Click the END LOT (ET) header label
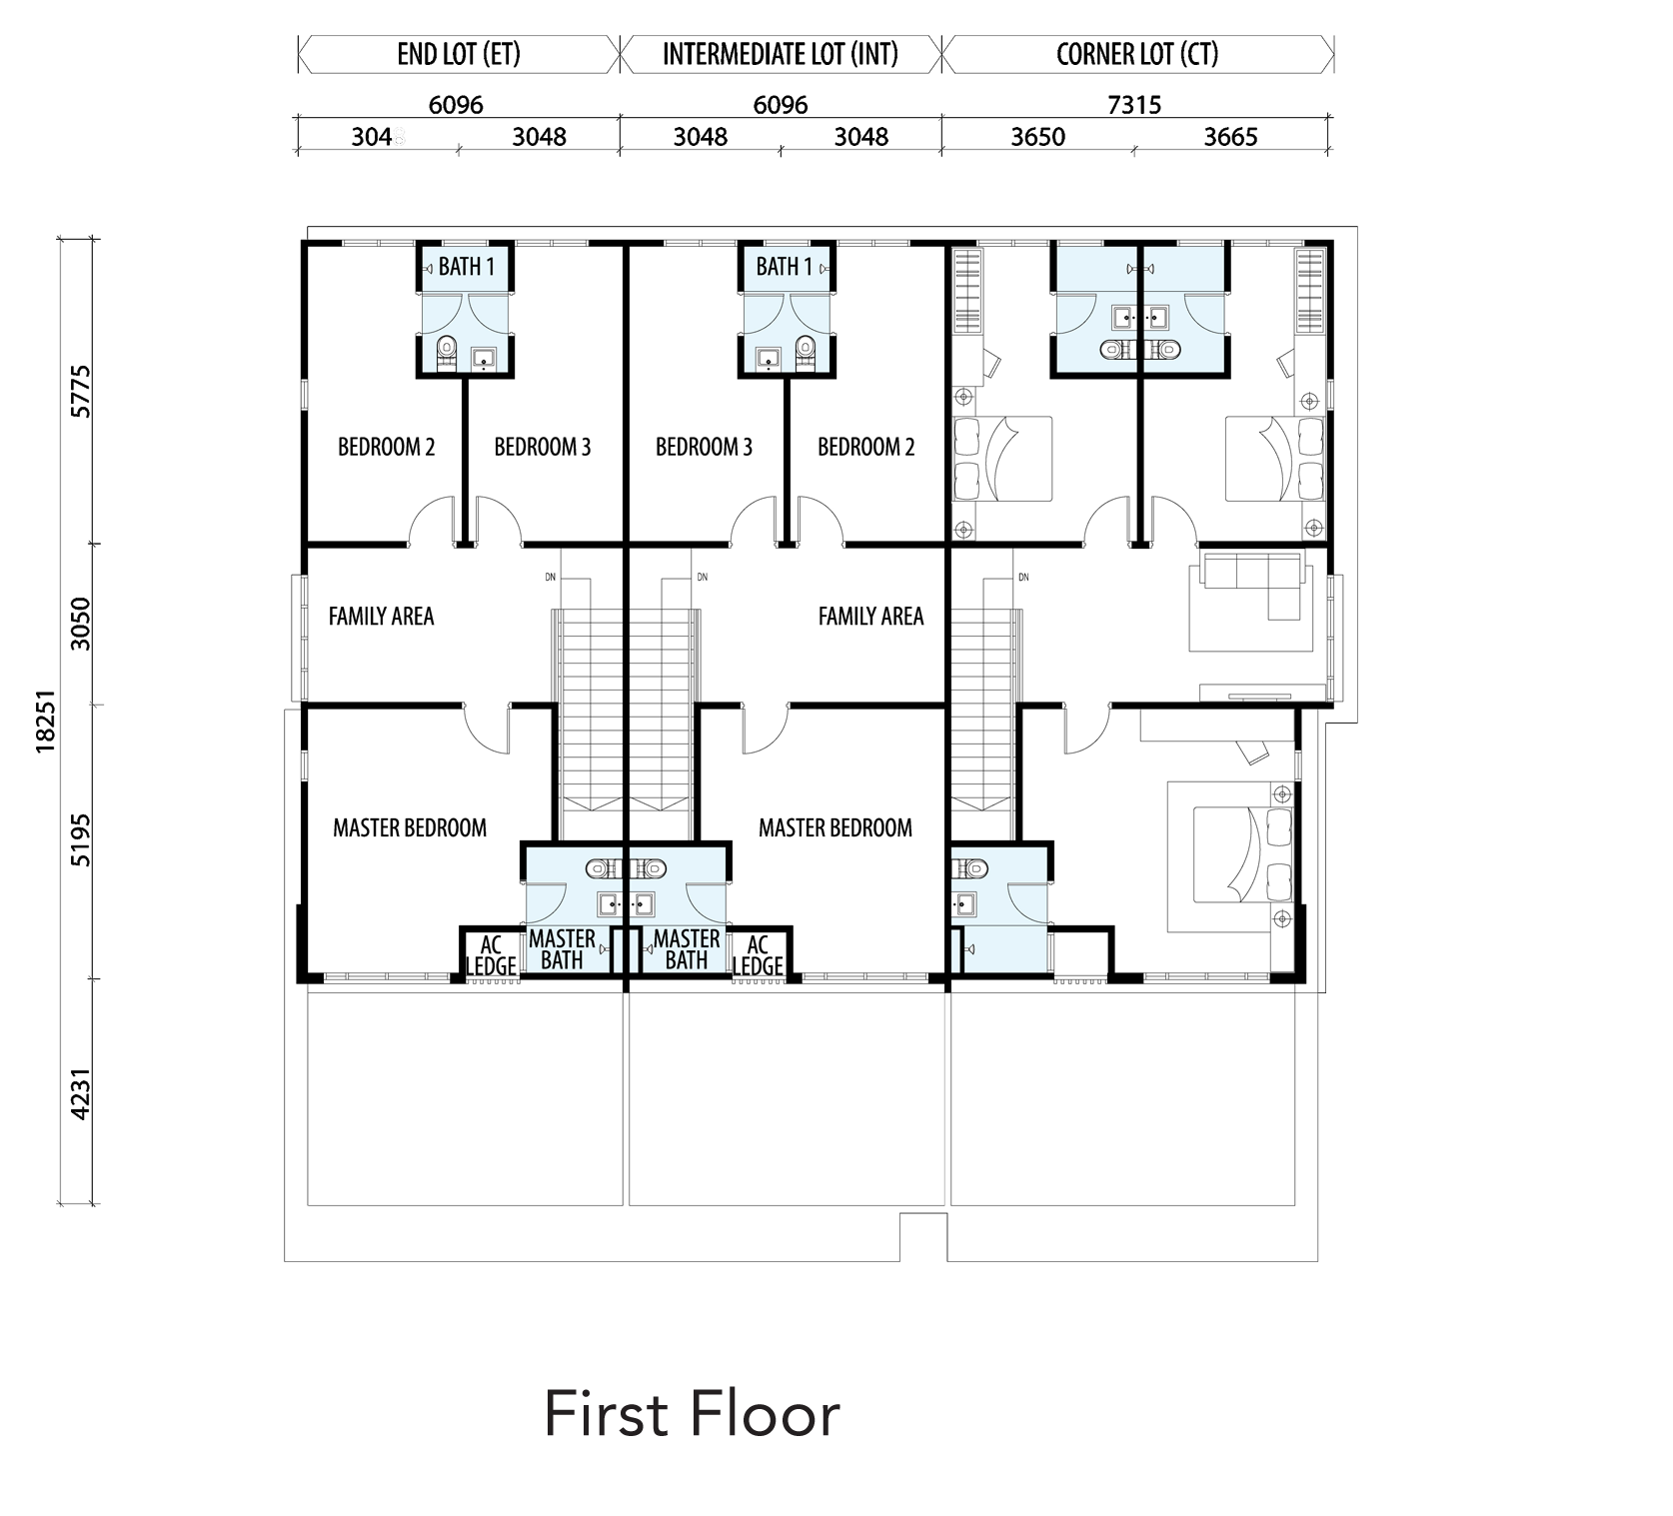[459, 54]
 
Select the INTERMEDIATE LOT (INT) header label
[781, 54]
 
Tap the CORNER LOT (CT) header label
[1137, 54]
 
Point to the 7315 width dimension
[1134, 104]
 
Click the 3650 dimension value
[1038, 137]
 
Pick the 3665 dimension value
[1230, 137]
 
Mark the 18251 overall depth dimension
[45, 720]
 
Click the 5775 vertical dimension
[81, 392]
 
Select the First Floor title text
[692, 1415]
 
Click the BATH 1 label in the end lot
[467, 267]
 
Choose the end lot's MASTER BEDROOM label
[410, 827]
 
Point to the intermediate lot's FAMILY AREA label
[870, 617]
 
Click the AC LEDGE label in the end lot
[491, 955]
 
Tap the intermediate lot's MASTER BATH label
[687, 949]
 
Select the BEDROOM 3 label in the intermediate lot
[704, 447]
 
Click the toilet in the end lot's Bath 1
[447, 353]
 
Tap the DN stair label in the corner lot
[1022, 577]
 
